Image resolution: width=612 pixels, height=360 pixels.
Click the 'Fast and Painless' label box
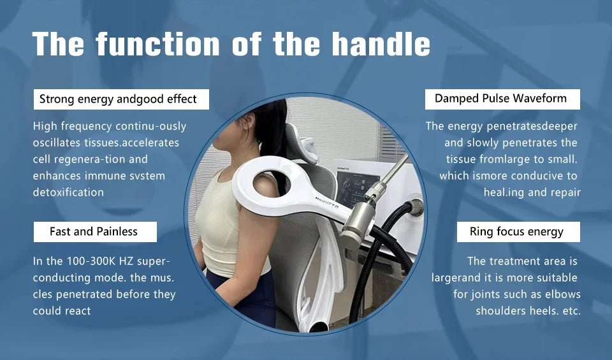pyautogui.click(x=94, y=231)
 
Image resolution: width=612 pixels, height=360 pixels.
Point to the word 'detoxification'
pyautogui.click(x=68, y=192)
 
